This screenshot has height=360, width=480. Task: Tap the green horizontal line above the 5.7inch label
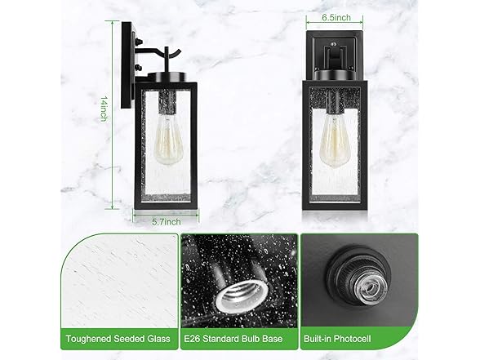tap(167, 213)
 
